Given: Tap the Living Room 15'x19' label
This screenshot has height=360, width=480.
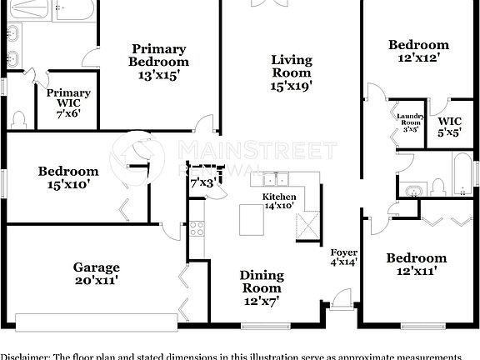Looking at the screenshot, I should (291, 72).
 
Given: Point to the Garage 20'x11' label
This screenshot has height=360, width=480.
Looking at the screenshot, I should (95, 274).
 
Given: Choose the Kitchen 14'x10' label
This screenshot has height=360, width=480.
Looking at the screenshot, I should (279, 200).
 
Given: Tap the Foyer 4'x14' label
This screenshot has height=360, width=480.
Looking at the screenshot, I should (344, 257).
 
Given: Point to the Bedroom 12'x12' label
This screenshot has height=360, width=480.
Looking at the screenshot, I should (419, 52).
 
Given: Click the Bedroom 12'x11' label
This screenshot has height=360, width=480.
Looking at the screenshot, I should (416, 264).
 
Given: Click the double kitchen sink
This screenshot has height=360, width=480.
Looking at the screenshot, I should (282, 178).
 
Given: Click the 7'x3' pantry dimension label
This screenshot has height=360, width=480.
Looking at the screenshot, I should (203, 182).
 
